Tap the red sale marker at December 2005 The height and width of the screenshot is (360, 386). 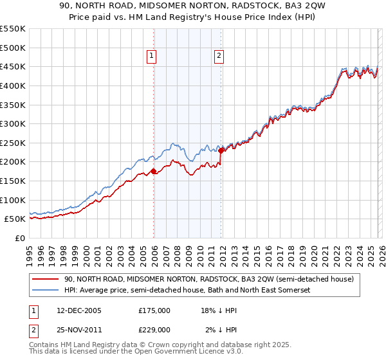coord(153,171)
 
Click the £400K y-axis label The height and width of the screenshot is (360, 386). coord(13,85)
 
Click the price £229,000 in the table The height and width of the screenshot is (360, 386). coord(154,329)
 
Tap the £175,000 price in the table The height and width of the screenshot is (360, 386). coord(154,310)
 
